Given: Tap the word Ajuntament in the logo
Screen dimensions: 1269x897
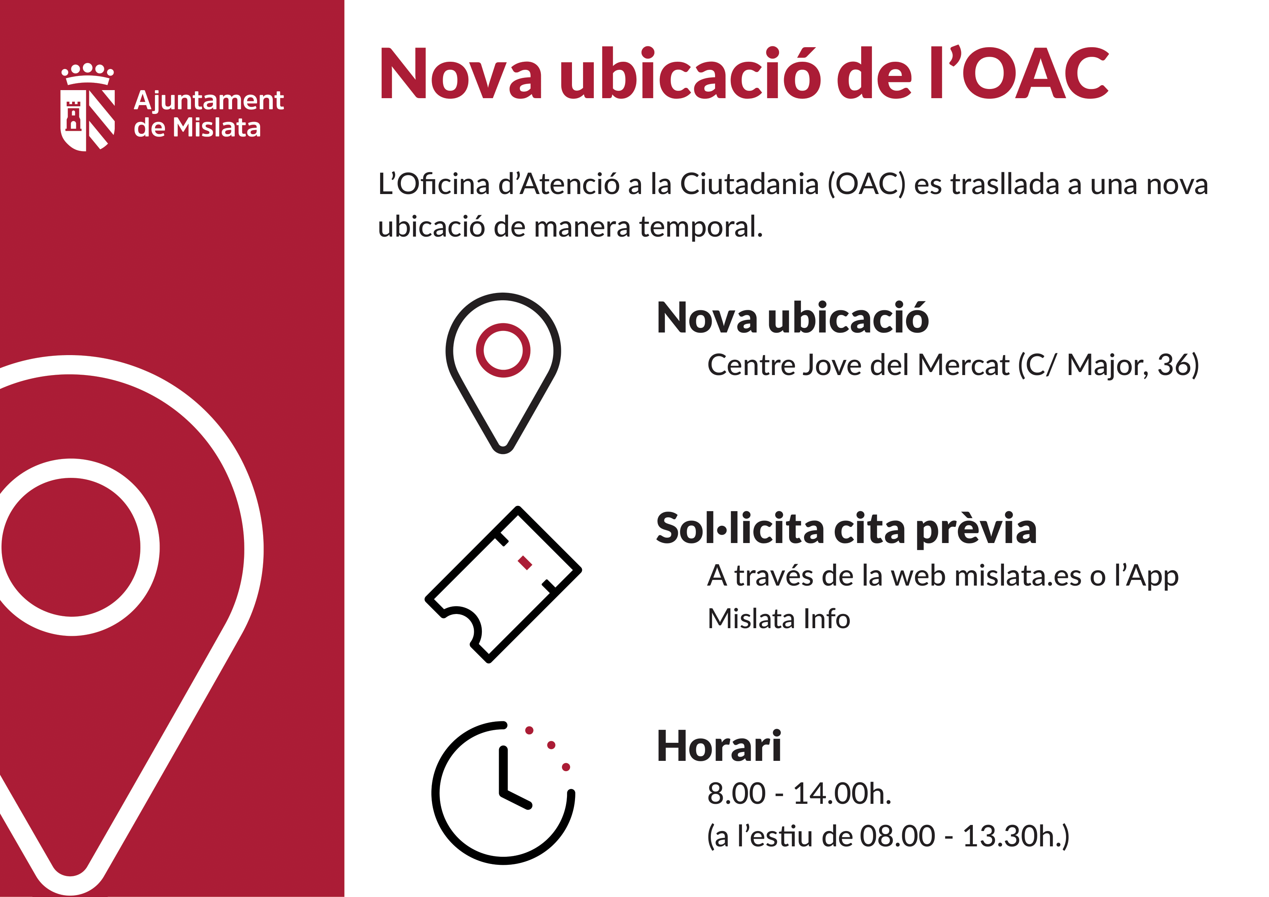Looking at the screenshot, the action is (209, 102).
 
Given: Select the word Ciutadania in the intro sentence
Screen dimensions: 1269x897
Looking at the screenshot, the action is (749, 184).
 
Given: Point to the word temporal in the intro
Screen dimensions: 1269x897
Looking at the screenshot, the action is (701, 227).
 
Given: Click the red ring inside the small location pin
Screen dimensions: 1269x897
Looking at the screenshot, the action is (503, 351).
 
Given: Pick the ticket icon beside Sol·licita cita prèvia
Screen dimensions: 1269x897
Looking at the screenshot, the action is (503, 584).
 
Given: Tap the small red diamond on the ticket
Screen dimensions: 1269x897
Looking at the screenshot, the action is (524, 563).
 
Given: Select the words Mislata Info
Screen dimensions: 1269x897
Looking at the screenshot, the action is (779, 619).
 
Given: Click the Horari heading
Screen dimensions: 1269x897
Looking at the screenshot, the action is (719, 747).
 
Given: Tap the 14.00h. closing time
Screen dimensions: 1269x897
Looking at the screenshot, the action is (842, 794).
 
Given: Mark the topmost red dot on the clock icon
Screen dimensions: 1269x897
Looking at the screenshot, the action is (529, 731).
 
